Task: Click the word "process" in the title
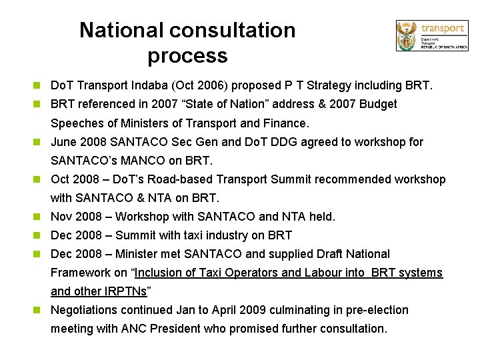point(187,55)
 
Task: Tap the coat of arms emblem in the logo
point(406,35)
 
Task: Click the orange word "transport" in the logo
point(443,28)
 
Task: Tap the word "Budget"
point(377,104)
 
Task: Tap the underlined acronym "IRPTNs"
point(124,291)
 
